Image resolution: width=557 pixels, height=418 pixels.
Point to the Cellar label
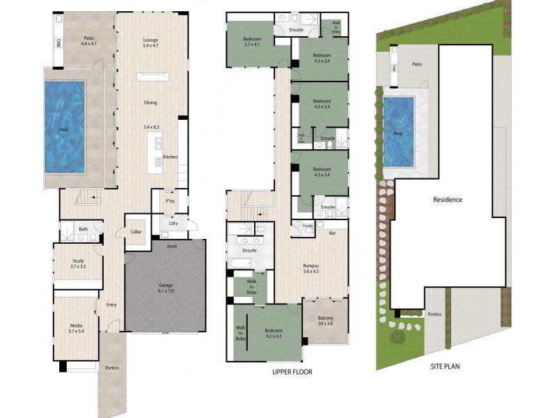pyautogui.click(x=136, y=231)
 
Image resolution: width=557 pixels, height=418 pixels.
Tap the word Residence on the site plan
pyautogui.click(x=448, y=199)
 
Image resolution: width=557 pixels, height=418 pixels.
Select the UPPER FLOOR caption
pyautogui.click(x=292, y=372)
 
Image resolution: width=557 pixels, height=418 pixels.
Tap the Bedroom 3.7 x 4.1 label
pyautogui.click(x=251, y=41)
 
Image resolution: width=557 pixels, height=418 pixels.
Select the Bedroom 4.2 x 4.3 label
pyautogui.click(x=274, y=334)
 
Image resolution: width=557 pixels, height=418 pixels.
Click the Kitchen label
pyautogui.click(x=170, y=157)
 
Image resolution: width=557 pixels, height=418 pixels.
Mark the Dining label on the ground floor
pyautogui.click(x=150, y=102)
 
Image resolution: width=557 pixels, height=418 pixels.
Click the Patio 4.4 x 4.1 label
pyautogui.click(x=89, y=41)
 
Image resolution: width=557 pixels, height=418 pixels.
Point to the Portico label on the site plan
pyautogui.click(x=434, y=313)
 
